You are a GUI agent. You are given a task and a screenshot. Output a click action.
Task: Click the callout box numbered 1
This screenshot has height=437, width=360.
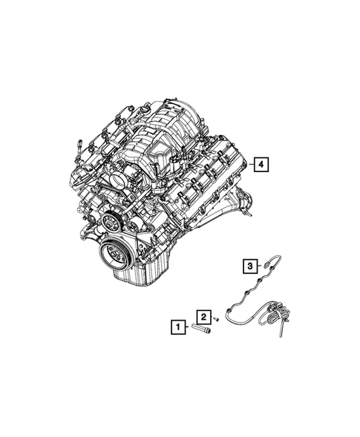177,324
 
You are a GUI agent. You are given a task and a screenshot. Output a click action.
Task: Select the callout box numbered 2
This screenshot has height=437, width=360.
203,315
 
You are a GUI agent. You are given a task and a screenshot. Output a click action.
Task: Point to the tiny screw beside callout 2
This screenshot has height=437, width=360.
216,318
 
